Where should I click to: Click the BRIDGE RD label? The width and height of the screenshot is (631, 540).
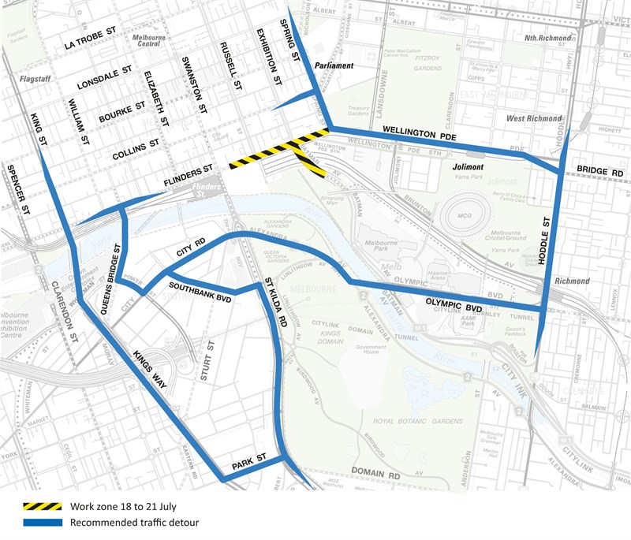point(599,170)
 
